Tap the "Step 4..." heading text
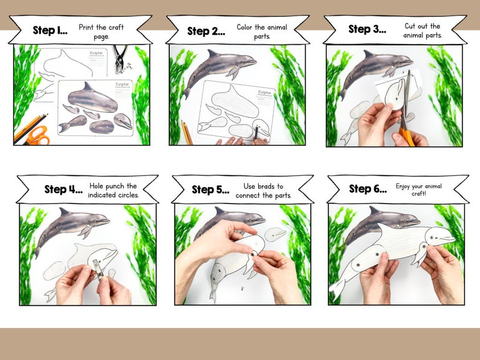click(x=63, y=189)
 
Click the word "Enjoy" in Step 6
click(x=405, y=186)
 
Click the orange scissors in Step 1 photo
click(x=38, y=135)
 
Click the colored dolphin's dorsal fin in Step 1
click(x=88, y=86)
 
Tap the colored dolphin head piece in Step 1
click(x=123, y=121)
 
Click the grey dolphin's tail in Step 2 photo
click(x=187, y=92)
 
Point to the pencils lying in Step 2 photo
click(x=186, y=132)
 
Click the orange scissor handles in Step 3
click(x=407, y=135)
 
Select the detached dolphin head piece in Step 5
click(x=275, y=233)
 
